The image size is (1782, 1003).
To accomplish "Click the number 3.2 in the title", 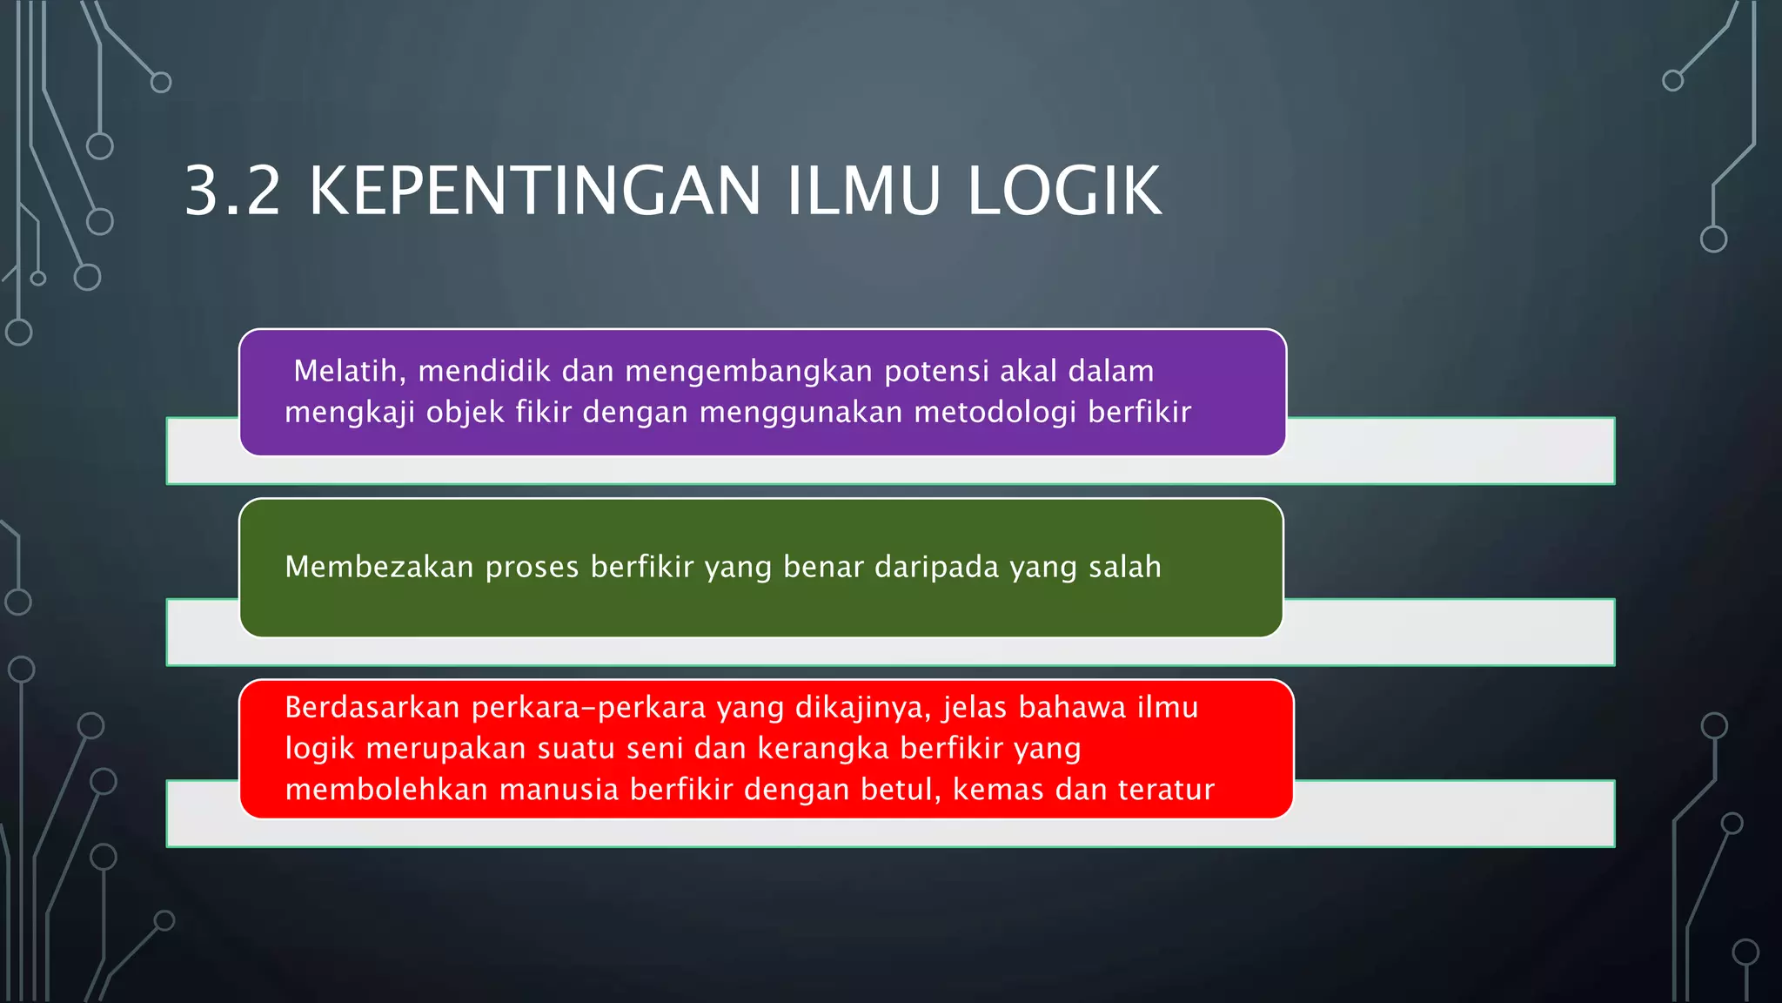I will pos(232,191).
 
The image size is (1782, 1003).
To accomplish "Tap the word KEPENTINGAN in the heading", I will pos(535,191).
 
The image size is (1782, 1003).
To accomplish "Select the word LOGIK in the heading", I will pos(1063,191).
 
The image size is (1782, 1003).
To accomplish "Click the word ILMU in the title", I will pos(863,191).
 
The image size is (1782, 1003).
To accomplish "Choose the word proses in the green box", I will pos(532,567).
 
